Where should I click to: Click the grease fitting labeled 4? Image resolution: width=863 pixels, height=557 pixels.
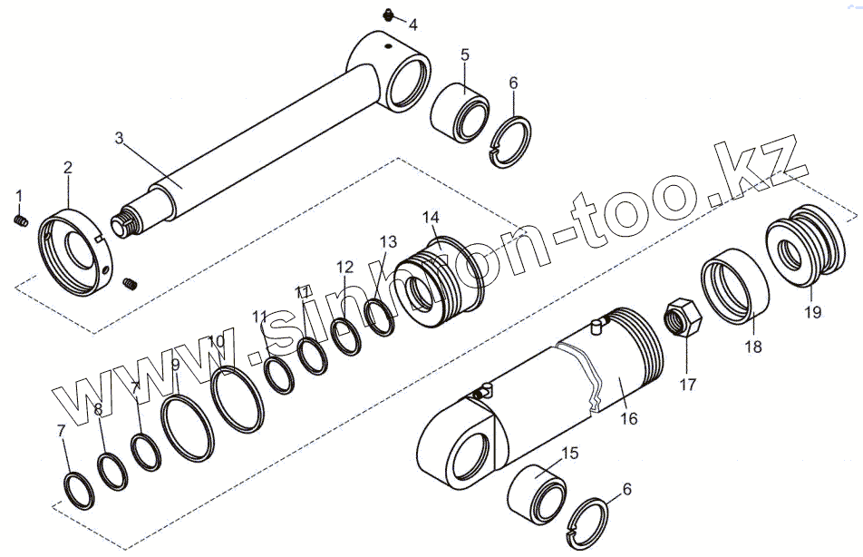point(389,15)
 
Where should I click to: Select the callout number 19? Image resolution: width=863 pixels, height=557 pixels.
point(812,312)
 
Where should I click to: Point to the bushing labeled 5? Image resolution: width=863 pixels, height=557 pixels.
point(460,112)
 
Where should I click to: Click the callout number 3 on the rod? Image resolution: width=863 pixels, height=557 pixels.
point(120,138)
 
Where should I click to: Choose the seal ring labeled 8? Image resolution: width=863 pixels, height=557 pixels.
point(112,472)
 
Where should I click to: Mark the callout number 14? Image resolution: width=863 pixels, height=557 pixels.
point(431,217)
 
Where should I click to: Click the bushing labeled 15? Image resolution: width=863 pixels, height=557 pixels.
point(537,494)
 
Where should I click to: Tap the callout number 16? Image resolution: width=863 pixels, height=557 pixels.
point(628,418)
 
